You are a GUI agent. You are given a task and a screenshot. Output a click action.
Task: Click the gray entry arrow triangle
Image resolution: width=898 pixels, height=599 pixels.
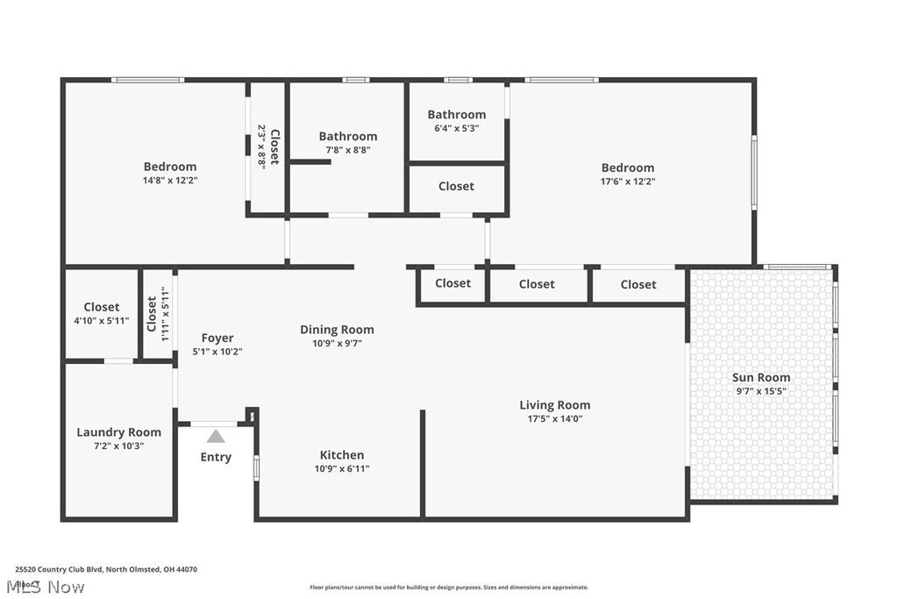216,436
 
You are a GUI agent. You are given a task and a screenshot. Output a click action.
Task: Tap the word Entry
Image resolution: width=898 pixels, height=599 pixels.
216,457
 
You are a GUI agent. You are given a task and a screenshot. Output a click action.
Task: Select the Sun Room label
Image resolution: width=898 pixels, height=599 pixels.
761,378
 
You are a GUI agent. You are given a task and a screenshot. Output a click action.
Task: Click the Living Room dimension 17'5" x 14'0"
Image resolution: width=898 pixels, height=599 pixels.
555,418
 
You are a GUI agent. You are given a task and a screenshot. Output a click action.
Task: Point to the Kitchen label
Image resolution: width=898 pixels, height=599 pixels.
341,455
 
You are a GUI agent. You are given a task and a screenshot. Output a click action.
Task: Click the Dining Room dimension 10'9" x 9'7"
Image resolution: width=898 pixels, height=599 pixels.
337,343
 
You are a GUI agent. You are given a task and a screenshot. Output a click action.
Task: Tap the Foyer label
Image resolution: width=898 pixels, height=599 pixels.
217,338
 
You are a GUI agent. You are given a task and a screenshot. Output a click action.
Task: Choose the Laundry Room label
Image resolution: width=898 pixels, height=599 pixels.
118,432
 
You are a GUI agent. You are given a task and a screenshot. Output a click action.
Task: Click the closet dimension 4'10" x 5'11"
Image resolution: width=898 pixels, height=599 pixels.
101,320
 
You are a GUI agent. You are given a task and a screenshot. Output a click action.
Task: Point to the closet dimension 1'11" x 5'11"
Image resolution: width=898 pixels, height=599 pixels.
164,312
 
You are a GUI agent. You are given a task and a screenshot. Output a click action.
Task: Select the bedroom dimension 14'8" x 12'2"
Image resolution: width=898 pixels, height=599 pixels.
170,181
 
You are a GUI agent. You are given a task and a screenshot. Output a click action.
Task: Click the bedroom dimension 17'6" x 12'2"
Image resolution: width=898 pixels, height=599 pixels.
627,182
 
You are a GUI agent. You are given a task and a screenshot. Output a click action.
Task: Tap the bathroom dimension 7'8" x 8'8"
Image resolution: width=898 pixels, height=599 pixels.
347,150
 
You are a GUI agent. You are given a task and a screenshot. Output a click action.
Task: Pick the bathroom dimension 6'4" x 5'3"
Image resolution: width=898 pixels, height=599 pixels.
456,128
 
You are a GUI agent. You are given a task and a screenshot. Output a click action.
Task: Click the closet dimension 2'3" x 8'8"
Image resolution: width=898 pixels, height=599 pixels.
261,146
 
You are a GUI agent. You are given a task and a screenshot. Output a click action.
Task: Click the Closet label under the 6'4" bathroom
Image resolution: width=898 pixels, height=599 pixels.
456,186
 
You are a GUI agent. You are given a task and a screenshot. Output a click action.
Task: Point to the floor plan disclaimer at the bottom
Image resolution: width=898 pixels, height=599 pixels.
448,588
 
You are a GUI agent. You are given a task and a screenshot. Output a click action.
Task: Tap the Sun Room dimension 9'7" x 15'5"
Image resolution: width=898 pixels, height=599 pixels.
761,391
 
